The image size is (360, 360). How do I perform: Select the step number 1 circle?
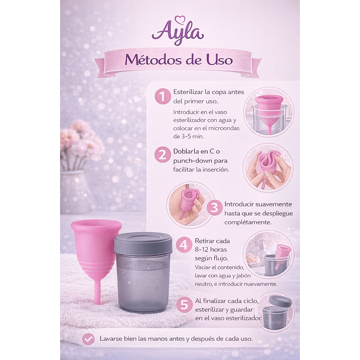click(x=162, y=96)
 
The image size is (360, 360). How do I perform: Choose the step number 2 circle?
click(x=162, y=154)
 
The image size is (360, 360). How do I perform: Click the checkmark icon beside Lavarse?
click(x=88, y=338)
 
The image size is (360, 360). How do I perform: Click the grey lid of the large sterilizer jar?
click(x=143, y=243)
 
